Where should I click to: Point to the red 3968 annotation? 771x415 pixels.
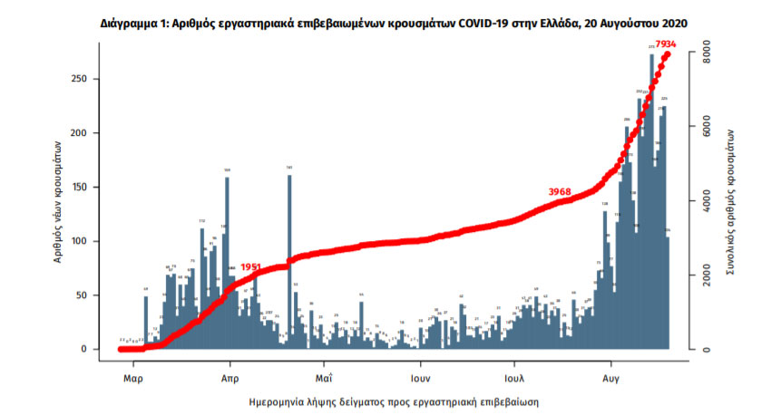click(x=560, y=191)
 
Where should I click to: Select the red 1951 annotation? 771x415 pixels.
click(x=251, y=267)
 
